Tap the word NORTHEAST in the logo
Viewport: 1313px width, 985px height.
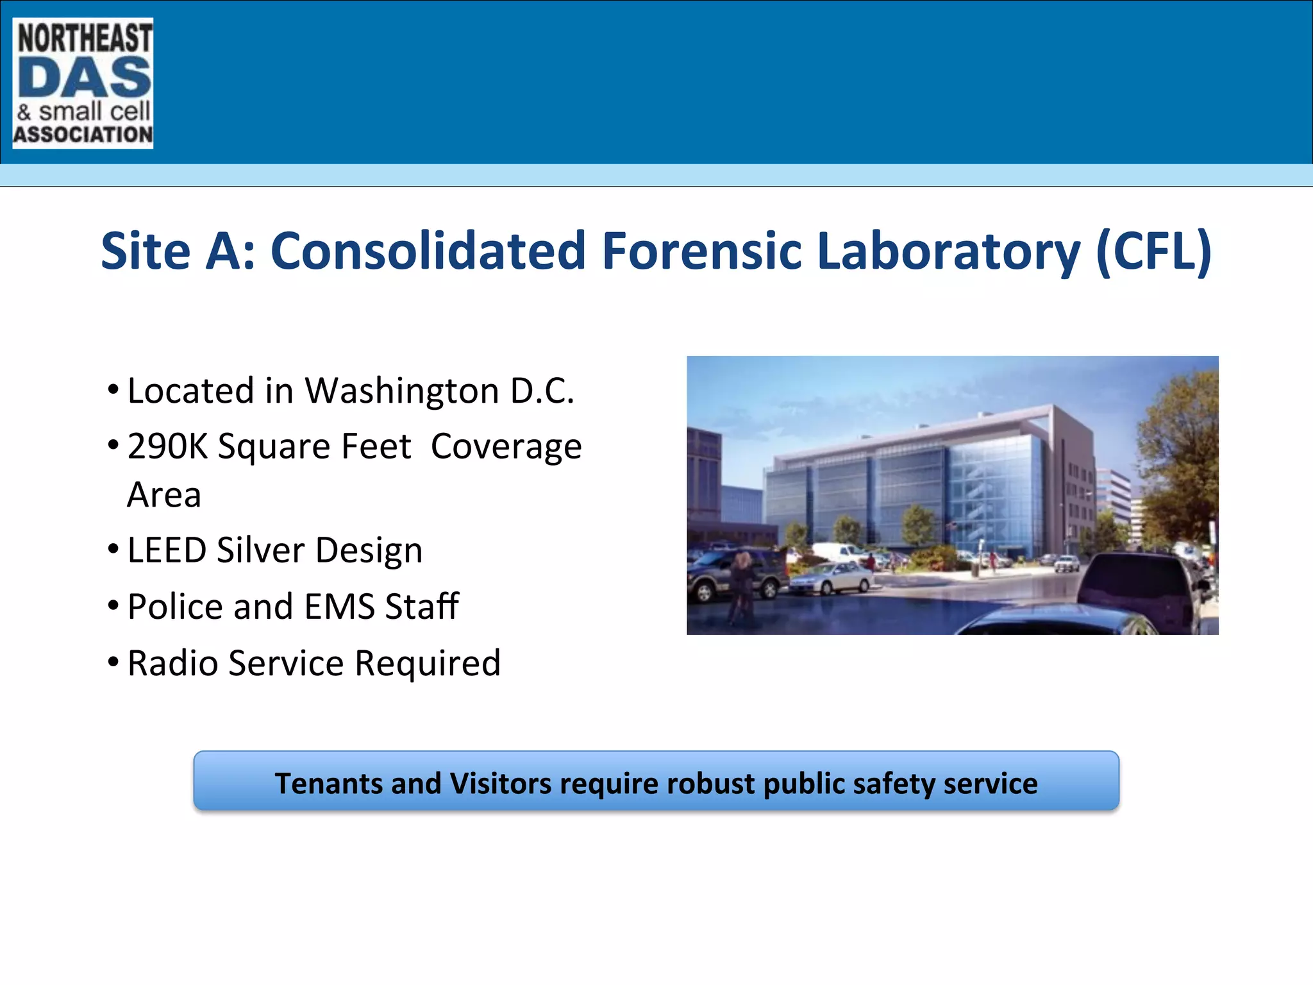click(x=85, y=37)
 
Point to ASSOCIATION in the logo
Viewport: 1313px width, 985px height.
click(x=83, y=135)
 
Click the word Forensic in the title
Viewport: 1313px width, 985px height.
click(x=702, y=251)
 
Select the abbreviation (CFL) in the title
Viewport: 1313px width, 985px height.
click(x=1154, y=251)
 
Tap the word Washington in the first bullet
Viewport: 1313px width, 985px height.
click(x=402, y=391)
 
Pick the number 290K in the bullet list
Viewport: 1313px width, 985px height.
click(x=167, y=446)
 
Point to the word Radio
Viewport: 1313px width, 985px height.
click(x=172, y=663)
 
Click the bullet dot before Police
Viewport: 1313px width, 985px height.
click(x=113, y=604)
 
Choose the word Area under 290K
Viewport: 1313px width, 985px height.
click(x=164, y=495)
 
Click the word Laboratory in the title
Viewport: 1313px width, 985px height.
click(x=949, y=251)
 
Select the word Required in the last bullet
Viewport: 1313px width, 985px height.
click(x=428, y=663)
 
